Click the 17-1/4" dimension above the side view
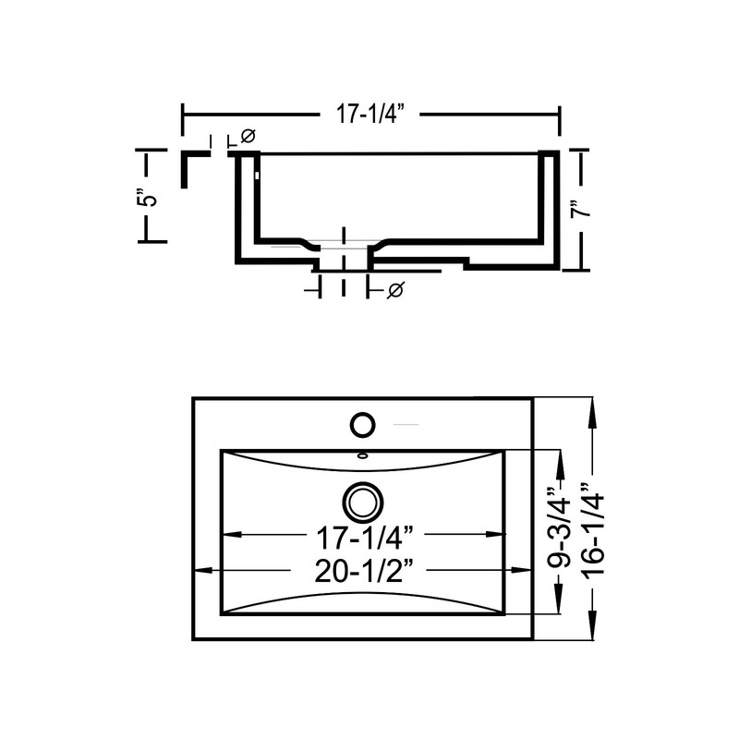370,114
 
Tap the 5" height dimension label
147,198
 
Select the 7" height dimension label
581,210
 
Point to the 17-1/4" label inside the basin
366,538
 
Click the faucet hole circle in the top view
362,425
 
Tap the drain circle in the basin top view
363,503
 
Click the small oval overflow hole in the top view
362,455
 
